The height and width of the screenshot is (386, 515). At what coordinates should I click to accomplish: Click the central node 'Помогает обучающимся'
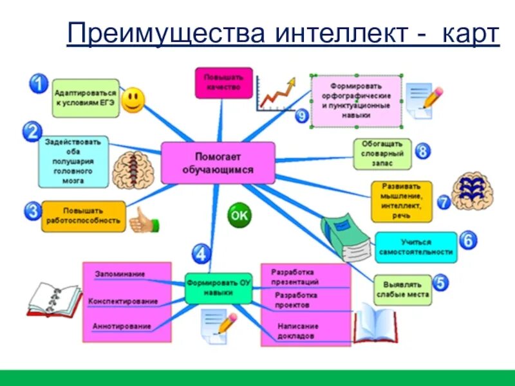click(218, 163)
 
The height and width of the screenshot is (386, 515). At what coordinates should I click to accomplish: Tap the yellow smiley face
click(133, 100)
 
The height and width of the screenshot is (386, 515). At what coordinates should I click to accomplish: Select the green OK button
click(239, 216)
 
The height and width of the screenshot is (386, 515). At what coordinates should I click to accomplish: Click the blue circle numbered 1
click(39, 84)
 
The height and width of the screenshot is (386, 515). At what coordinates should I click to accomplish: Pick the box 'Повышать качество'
click(223, 83)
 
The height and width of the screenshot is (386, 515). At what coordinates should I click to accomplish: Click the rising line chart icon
click(276, 92)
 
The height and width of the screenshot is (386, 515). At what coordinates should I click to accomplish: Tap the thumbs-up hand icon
click(143, 221)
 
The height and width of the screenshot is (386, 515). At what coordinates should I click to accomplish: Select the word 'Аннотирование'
click(122, 326)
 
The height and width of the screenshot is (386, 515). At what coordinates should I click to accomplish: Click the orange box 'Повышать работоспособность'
click(83, 216)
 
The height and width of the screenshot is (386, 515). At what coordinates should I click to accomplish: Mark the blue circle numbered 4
click(201, 253)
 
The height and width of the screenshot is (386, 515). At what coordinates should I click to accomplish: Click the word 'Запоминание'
click(120, 274)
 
